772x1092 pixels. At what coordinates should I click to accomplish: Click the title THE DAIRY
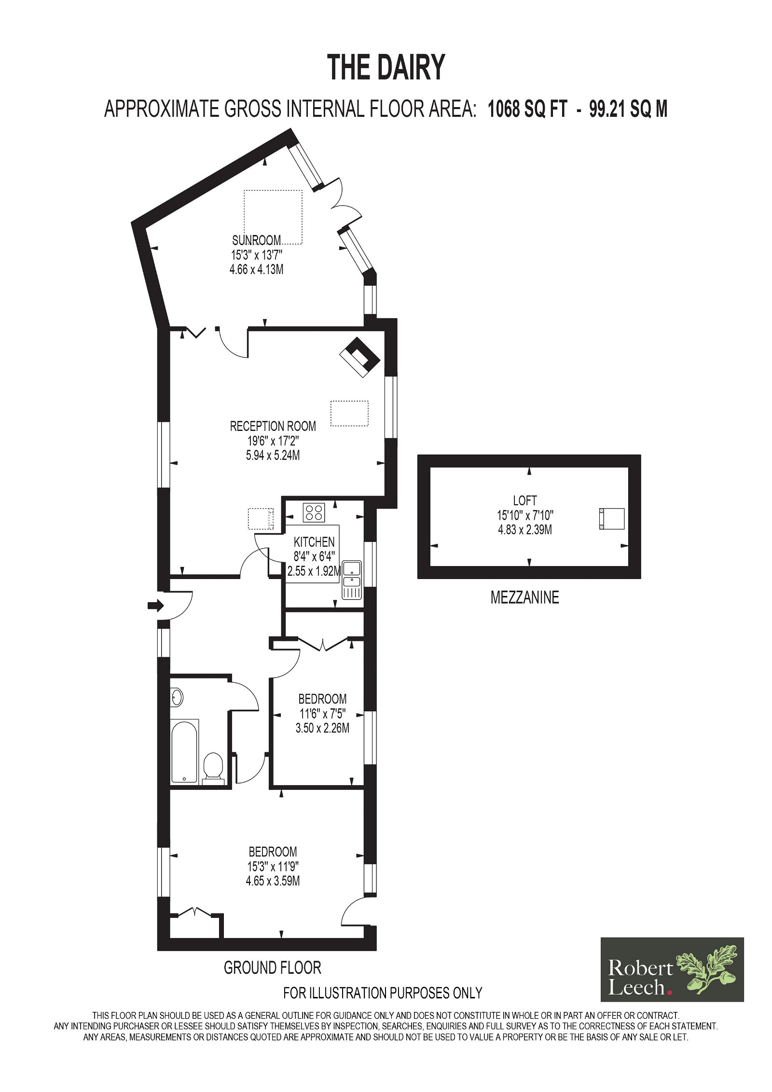[x=386, y=68]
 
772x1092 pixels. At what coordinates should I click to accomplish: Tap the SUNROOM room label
[x=256, y=240]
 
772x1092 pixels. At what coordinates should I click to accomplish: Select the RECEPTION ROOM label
[x=273, y=426]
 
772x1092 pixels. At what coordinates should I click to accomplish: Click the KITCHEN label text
[x=314, y=542]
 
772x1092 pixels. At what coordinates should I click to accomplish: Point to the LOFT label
[x=525, y=500]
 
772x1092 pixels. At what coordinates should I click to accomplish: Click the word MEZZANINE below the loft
[x=525, y=597]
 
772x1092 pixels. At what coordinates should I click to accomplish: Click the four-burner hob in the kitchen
[x=314, y=512]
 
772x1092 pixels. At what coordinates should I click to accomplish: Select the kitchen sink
[x=351, y=580]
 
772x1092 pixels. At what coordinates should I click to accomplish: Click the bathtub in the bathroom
[x=185, y=751]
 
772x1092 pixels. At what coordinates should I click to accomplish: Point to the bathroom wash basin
[x=177, y=697]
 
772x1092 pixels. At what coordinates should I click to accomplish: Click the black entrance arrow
[x=155, y=606]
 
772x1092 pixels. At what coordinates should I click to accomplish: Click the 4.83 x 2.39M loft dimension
[x=525, y=529]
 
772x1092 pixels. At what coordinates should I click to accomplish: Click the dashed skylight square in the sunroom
[x=273, y=217]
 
